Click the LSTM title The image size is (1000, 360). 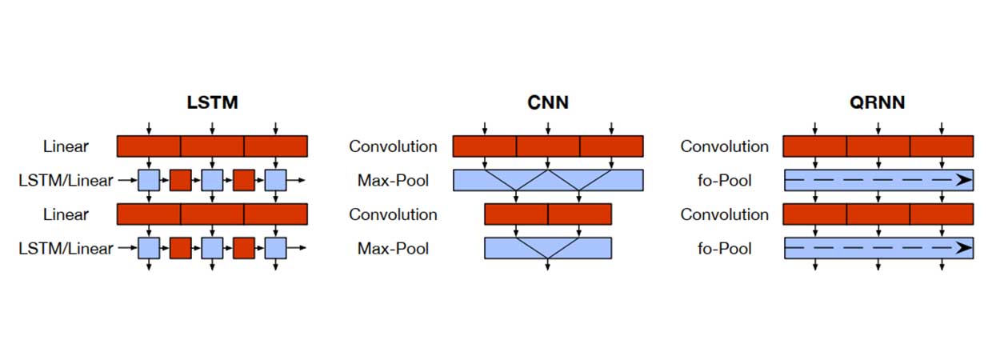click(x=212, y=102)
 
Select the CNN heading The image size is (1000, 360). click(x=548, y=102)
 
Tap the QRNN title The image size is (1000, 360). click(x=878, y=102)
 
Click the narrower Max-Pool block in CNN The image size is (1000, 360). click(x=548, y=248)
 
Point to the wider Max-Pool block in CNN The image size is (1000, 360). click(x=548, y=180)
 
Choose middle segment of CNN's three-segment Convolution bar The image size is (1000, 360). click(x=548, y=146)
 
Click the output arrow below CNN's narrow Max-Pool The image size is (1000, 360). click(x=548, y=266)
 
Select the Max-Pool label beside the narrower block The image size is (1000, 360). click(x=393, y=249)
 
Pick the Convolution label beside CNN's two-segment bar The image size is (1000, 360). click(x=393, y=214)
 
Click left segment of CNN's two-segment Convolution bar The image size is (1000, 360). click(x=516, y=214)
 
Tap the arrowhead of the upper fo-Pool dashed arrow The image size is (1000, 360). click(x=964, y=181)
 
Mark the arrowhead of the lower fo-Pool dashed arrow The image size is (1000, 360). click(x=964, y=249)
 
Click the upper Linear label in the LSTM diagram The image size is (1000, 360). click(x=66, y=146)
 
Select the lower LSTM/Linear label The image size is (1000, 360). click(x=66, y=249)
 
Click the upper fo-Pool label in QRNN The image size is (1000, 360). click(x=724, y=181)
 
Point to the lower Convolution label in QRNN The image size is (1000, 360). click(x=724, y=214)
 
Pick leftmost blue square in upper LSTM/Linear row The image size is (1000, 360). click(x=149, y=181)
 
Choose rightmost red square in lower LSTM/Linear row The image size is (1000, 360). click(x=244, y=249)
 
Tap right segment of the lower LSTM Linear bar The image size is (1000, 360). click(x=275, y=214)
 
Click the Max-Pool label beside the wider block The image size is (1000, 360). click(x=393, y=181)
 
